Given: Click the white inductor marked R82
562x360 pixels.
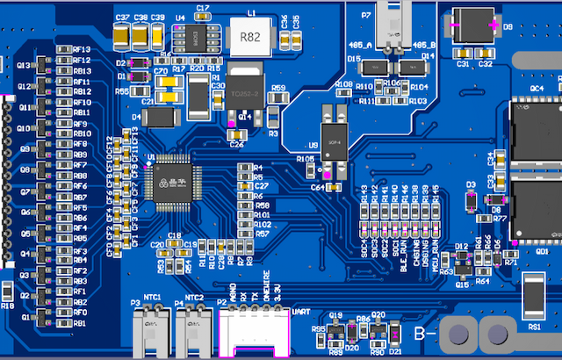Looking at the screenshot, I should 250,37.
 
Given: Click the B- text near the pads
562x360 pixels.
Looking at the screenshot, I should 425,334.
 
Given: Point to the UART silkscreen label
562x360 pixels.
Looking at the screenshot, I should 300,312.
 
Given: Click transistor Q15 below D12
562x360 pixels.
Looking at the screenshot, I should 460,272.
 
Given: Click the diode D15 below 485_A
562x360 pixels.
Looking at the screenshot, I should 378,66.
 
